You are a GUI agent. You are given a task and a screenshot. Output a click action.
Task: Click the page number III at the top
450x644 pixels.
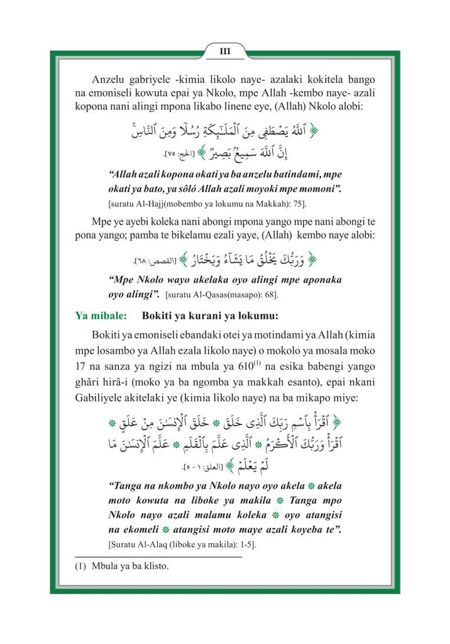click(x=224, y=52)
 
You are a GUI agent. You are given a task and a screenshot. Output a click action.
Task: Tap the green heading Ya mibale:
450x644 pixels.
click(x=97, y=316)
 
